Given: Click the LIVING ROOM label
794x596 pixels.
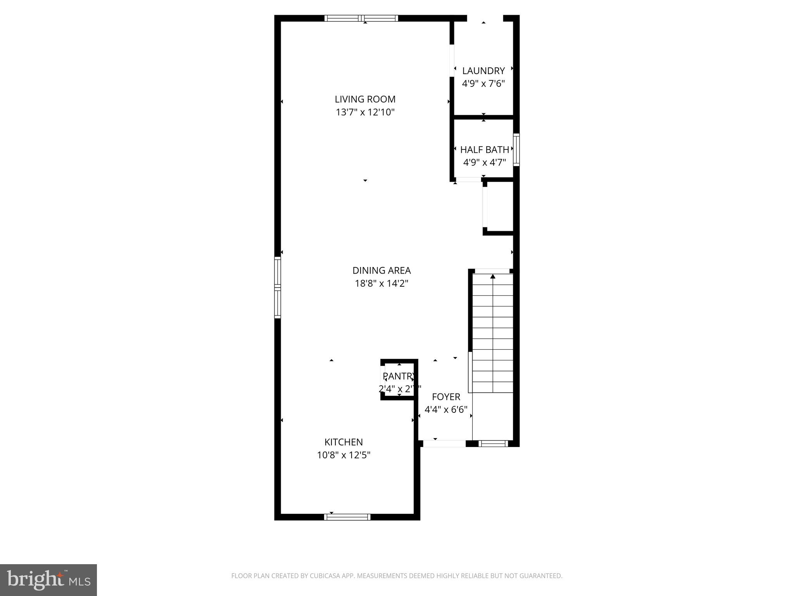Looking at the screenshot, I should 365,99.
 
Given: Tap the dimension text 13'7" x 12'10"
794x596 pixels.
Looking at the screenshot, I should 365,113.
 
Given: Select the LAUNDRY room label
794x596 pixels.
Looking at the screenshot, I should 483,71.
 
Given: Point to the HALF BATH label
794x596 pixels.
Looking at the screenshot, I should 484,150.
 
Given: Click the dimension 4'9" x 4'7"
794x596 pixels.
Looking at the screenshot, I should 484,163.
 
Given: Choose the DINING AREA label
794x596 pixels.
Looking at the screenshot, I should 381,270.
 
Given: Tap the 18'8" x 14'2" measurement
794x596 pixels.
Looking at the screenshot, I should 381,284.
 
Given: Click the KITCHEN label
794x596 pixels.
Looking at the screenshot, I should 343,442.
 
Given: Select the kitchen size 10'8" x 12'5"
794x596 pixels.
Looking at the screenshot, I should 343,455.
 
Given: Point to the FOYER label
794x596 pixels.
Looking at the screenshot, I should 446,397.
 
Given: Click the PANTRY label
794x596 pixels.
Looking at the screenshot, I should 399,376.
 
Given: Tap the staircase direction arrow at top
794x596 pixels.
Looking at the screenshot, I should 493,276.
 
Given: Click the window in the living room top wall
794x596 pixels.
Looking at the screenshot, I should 361,18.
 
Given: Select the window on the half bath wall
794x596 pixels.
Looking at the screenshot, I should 516,150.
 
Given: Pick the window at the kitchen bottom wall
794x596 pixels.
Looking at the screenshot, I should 347,517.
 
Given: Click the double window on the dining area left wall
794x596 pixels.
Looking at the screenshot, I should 277,288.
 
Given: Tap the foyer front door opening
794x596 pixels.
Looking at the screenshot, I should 444,444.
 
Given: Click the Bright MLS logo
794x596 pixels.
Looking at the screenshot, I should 48,580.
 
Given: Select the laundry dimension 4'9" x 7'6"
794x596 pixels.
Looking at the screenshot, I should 483,84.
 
